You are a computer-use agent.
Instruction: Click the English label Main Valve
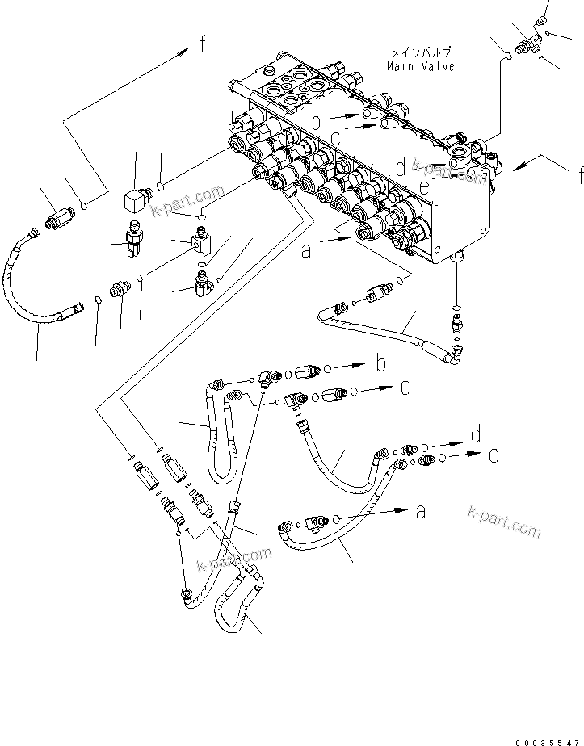coord(420,66)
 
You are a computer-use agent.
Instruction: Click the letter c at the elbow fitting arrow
coord(406,389)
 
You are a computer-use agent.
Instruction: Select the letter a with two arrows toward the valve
coord(306,251)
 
